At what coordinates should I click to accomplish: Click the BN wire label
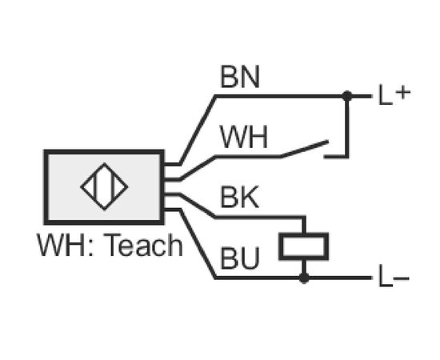240,77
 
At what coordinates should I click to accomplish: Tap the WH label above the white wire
244,137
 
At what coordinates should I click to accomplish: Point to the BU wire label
240,258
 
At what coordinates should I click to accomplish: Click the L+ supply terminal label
394,94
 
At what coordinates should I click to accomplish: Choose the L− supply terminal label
394,276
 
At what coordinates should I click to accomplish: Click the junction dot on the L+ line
347,96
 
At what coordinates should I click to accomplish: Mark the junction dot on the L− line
304,278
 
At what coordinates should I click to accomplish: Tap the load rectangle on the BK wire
304,246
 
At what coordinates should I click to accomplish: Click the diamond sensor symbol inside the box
104,186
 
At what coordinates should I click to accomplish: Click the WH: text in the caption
65,246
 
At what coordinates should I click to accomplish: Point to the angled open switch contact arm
305,149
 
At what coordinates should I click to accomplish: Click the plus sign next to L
403,92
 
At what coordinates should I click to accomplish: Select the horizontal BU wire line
293,278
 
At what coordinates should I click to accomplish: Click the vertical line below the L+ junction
347,127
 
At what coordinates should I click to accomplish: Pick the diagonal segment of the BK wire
198,206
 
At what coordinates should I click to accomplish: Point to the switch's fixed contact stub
336,156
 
